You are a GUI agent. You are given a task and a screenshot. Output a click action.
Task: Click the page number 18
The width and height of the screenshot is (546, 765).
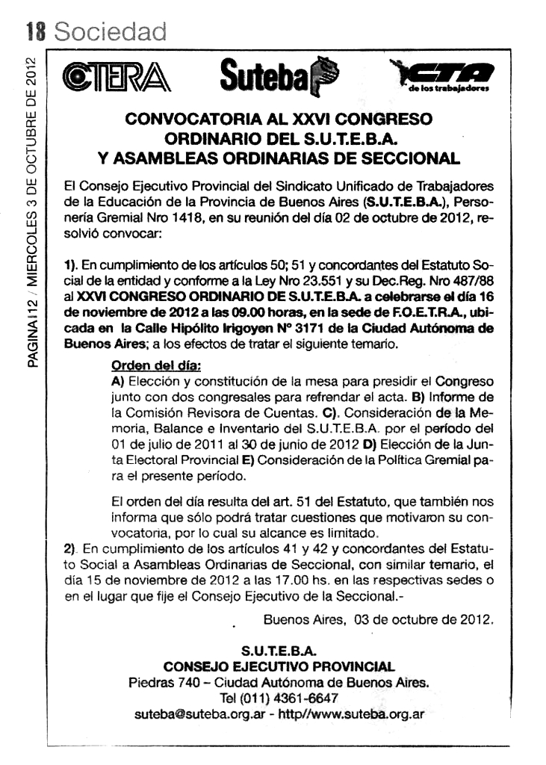37,31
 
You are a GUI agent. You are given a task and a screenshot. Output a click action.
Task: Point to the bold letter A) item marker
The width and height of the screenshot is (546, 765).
117,382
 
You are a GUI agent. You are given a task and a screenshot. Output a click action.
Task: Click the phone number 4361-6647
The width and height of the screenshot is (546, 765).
307,699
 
